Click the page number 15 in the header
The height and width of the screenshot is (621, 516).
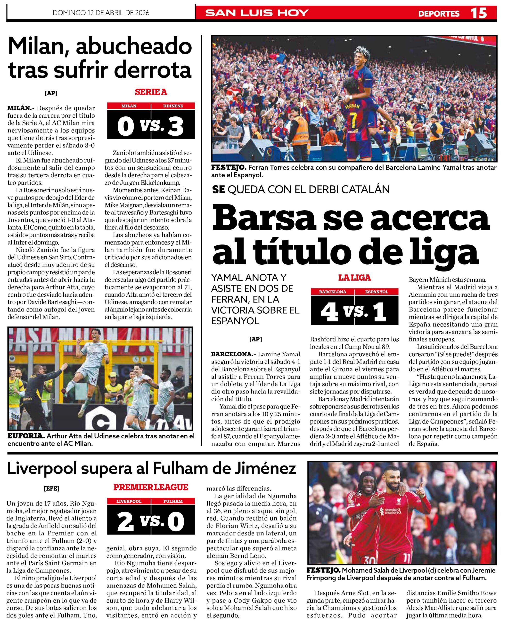point(479,13)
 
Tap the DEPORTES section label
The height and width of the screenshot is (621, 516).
point(439,14)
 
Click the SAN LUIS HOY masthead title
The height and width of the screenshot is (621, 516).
point(257,13)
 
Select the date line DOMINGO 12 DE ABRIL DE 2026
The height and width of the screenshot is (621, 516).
point(101,13)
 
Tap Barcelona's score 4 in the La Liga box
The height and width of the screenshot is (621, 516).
point(329,312)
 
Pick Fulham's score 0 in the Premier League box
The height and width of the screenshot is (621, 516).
point(176,521)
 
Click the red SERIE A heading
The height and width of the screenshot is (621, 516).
point(151,92)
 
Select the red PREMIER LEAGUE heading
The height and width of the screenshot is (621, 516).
point(151,487)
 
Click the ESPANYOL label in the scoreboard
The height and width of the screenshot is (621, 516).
point(377,292)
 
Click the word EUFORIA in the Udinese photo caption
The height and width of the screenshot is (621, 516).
point(26,436)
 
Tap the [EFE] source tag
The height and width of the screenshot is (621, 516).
point(51,489)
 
